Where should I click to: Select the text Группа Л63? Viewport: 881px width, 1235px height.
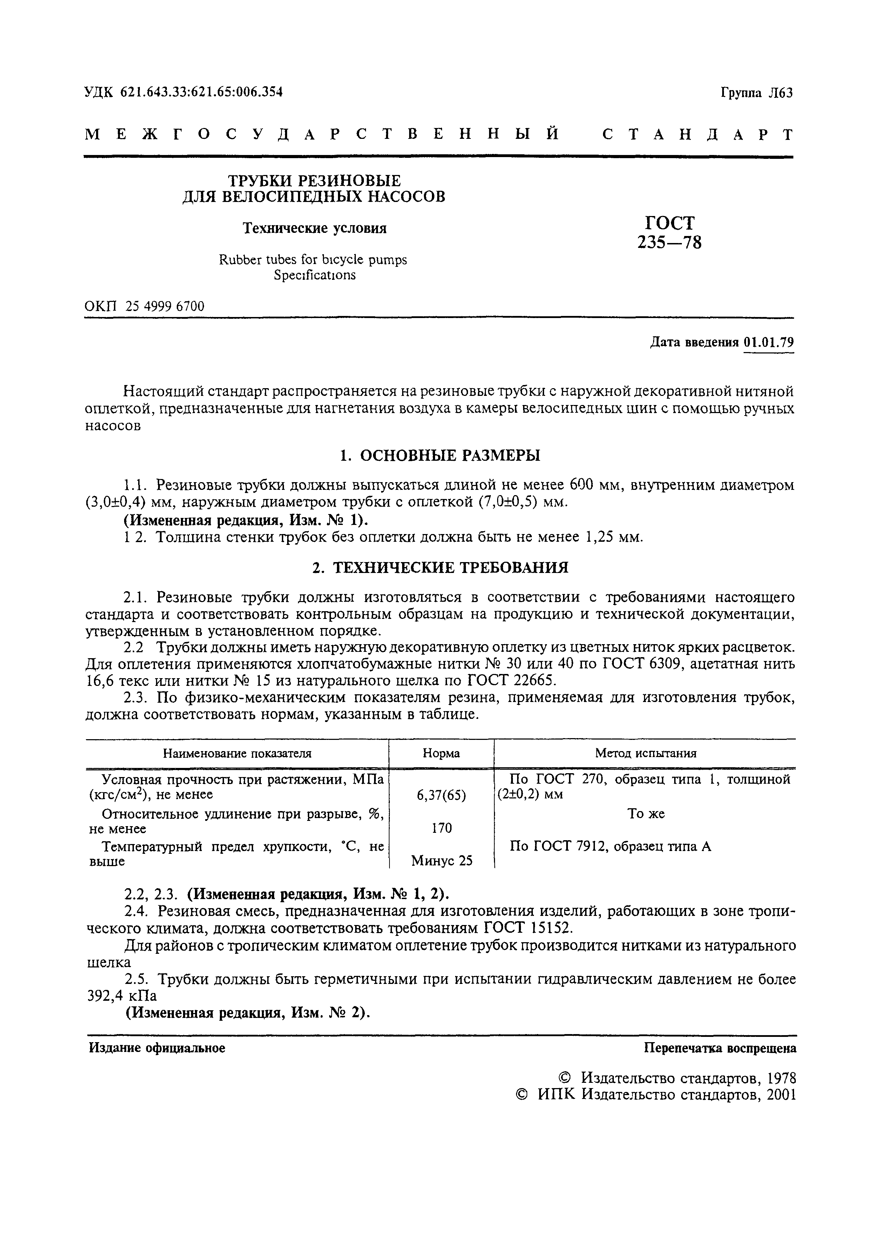pyautogui.click(x=756, y=93)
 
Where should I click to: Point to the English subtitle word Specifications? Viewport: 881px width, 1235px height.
pyautogui.click(x=315, y=275)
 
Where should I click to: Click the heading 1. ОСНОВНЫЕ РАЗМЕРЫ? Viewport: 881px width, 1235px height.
pyautogui.click(x=440, y=455)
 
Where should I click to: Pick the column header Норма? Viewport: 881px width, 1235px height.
pyautogui.click(x=441, y=753)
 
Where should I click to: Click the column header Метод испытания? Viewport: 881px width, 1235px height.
pyautogui.click(x=645, y=753)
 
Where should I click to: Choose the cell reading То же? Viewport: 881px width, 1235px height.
pyautogui.click(x=645, y=814)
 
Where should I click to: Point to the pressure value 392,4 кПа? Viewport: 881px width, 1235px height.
pyautogui.click(x=122, y=996)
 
